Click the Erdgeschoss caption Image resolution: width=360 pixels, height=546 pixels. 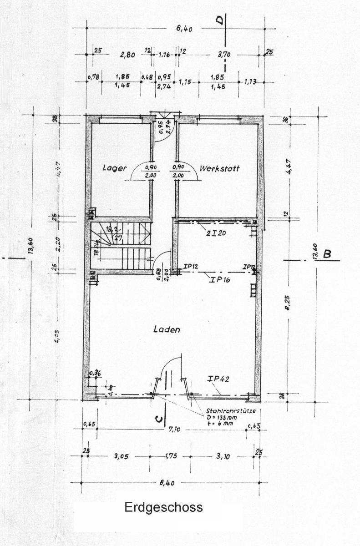[164, 507]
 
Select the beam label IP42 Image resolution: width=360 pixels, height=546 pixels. [217, 379]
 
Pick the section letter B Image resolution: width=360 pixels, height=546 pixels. [327, 254]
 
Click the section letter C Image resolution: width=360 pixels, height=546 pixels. [158, 421]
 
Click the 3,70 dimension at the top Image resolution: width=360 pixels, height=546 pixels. [224, 55]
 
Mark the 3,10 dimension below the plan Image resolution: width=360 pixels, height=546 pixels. [224, 455]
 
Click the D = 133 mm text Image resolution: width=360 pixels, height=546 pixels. [221, 417]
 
